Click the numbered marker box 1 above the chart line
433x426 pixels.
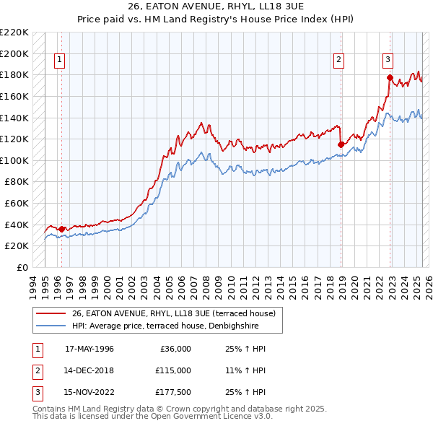click(x=59, y=60)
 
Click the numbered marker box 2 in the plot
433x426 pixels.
click(x=338, y=60)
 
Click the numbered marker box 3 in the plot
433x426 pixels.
click(x=388, y=60)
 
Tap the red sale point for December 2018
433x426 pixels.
click(x=341, y=144)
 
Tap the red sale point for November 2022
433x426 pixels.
click(x=390, y=77)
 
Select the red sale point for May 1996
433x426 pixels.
click(x=61, y=229)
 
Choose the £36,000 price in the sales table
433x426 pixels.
click(x=175, y=349)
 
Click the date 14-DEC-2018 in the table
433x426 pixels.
click(x=89, y=370)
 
